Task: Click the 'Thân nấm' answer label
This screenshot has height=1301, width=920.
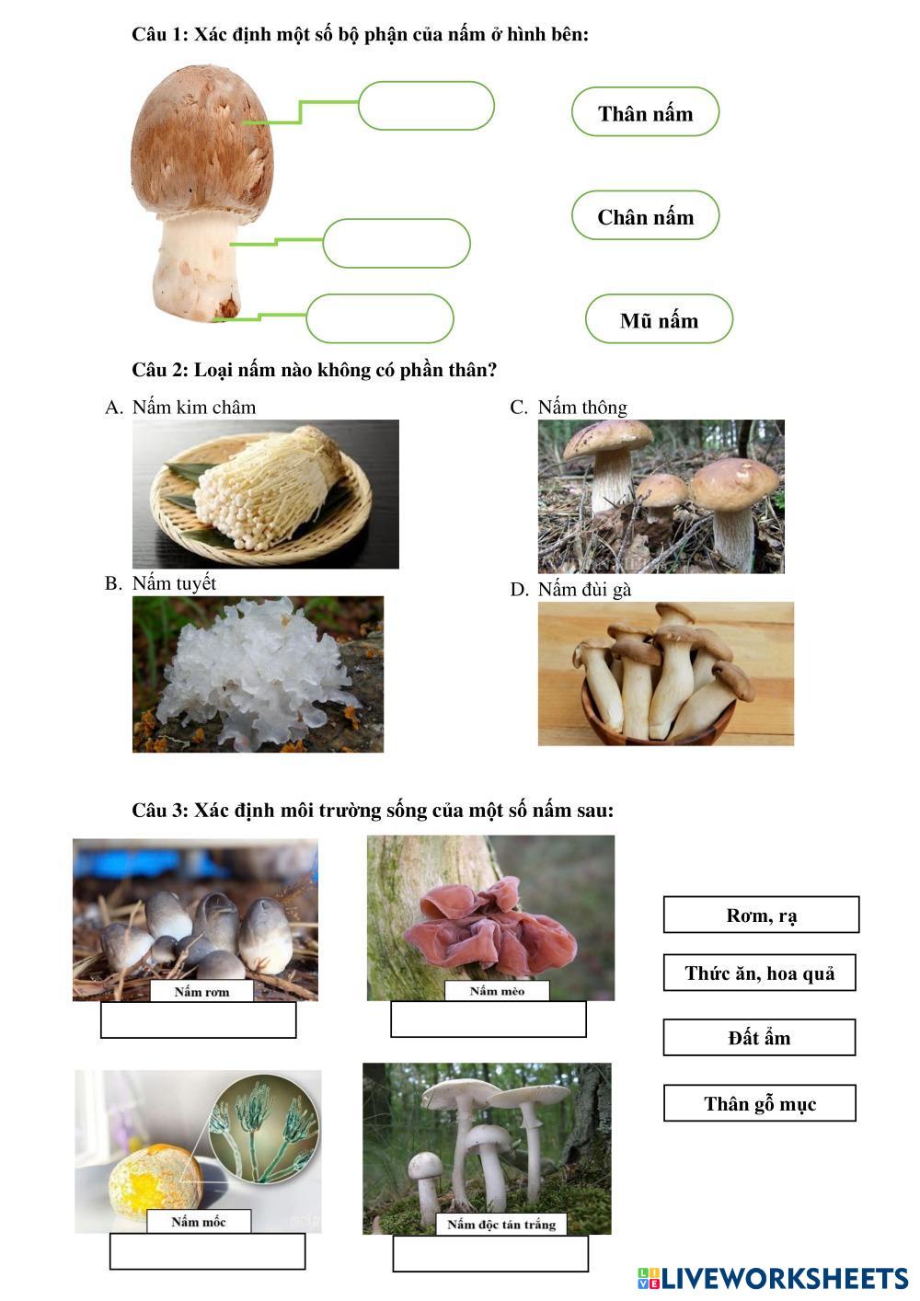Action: point(645,112)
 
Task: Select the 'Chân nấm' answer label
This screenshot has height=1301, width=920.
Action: point(645,215)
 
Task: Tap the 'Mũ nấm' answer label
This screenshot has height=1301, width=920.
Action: point(659,319)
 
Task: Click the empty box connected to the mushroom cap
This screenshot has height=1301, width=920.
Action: point(426,106)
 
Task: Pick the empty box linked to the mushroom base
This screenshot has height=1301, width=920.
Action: point(379,319)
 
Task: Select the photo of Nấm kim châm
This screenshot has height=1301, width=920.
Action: point(266,494)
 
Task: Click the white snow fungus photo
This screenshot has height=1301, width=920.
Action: point(258,674)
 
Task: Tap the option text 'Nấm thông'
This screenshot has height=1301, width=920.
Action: point(582,408)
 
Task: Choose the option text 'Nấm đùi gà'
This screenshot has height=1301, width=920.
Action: point(584,590)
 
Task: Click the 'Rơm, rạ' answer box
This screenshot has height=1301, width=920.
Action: point(761,915)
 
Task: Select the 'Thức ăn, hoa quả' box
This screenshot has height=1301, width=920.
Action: point(759,973)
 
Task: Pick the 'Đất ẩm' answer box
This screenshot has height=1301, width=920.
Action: point(759,1037)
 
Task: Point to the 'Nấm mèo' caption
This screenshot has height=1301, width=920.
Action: point(497,991)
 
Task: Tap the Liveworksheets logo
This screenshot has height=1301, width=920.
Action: point(773,1278)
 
